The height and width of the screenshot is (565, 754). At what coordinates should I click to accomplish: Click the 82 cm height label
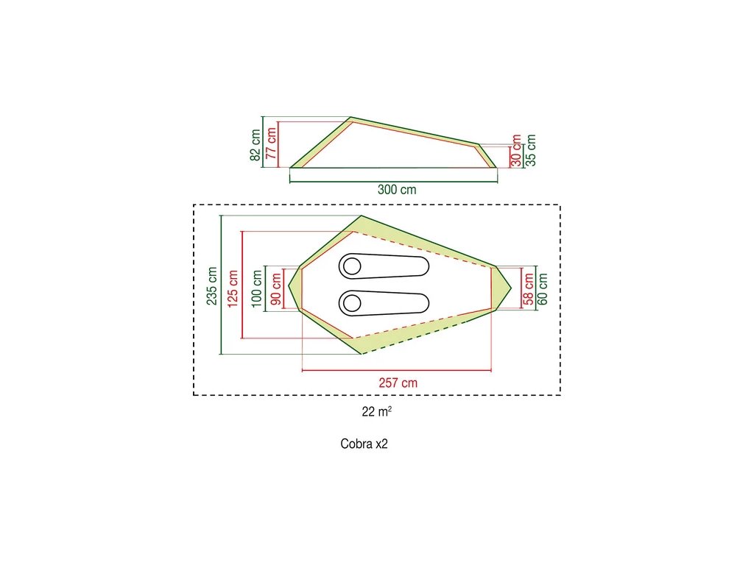[x=256, y=145]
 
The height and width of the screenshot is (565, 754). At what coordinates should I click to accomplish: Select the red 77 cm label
[x=272, y=143]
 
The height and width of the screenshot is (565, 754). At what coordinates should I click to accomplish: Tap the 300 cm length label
[x=397, y=189]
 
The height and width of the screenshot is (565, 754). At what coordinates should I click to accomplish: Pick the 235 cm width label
[x=213, y=285]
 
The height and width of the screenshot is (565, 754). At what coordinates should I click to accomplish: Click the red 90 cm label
[x=276, y=288]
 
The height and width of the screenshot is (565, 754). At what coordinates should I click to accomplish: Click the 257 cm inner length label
[x=398, y=383]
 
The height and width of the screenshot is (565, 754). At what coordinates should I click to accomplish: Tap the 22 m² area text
[x=376, y=412]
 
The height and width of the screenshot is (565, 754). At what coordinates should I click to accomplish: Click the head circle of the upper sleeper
[x=350, y=267]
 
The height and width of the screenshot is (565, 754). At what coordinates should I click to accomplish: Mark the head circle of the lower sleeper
[x=350, y=302]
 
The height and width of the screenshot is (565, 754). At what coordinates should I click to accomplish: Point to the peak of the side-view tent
[x=350, y=118]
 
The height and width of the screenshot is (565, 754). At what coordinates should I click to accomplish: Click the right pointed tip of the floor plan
[x=511, y=287]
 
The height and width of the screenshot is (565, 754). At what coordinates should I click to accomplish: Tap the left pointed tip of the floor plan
[x=289, y=287]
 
